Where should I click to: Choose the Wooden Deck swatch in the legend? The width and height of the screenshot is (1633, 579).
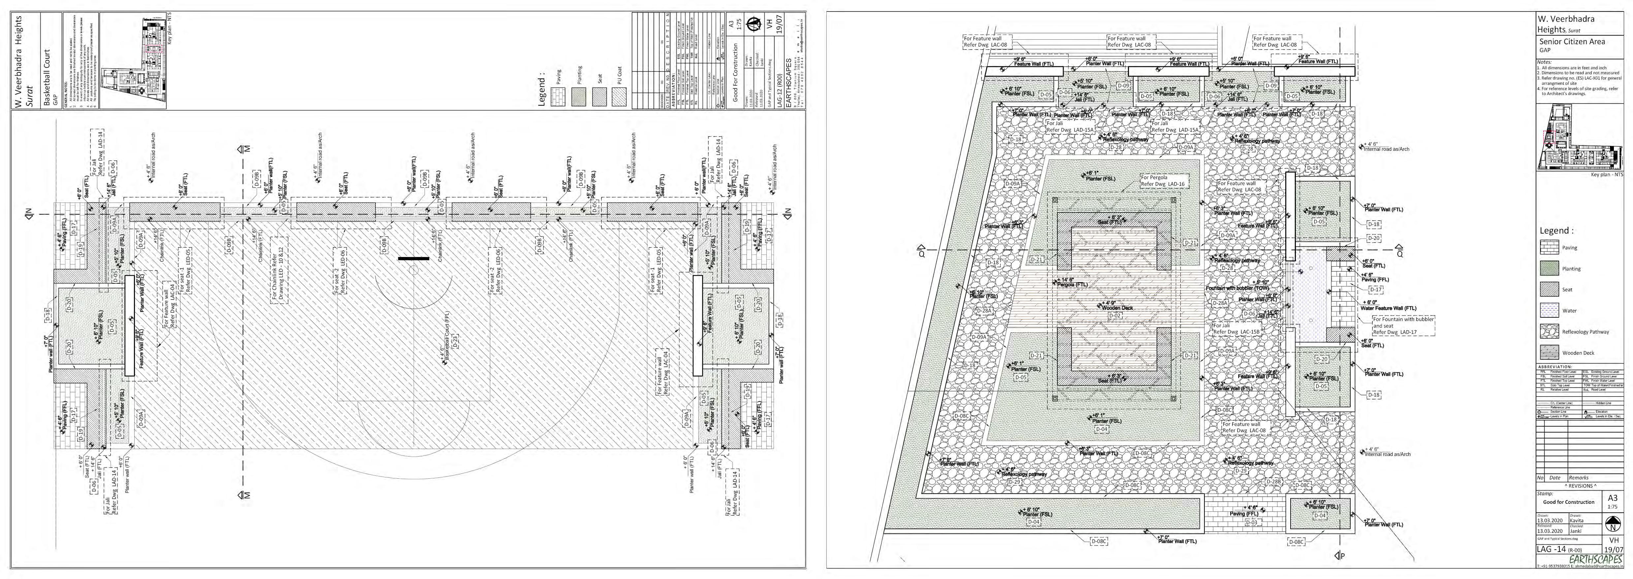(x=1549, y=352)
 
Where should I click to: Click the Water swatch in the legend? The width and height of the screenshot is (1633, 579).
(x=1549, y=310)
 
